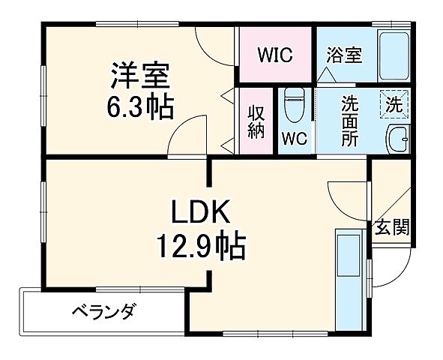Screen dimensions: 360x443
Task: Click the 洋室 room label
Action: click(x=141, y=75)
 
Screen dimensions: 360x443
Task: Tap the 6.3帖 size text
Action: click(x=140, y=106)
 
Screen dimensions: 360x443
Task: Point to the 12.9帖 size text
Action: click(x=200, y=244)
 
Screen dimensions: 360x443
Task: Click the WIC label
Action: click(x=275, y=55)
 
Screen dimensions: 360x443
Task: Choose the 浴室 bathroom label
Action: click(x=345, y=55)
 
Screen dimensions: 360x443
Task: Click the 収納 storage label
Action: click(x=256, y=121)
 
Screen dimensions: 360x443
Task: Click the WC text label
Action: click(x=295, y=139)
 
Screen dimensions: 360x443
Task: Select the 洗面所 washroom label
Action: click(x=350, y=121)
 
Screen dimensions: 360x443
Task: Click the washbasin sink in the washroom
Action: click(x=397, y=139)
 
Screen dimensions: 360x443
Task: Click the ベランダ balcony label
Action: click(x=104, y=310)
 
